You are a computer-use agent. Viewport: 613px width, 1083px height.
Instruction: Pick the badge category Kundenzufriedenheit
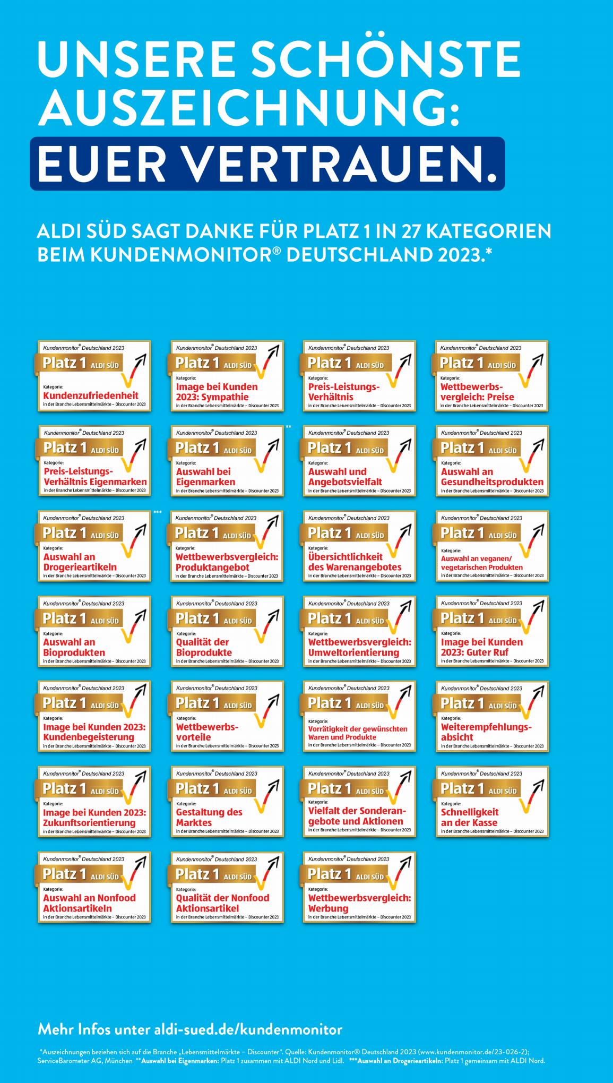click(x=90, y=396)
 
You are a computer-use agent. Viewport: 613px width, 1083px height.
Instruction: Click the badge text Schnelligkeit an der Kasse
click(x=469, y=818)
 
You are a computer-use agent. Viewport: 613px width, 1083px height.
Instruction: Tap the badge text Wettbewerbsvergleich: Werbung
click(x=359, y=903)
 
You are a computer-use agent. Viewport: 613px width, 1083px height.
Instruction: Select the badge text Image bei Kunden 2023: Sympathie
click(x=217, y=392)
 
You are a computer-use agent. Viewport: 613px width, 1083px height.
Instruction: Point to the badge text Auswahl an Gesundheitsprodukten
click(x=491, y=477)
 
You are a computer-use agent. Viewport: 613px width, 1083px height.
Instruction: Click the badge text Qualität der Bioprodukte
click(x=204, y=647)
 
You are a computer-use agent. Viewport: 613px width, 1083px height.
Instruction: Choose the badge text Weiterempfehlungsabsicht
click(x=485, y=732)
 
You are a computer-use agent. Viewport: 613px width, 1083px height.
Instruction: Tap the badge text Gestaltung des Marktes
click(x=209, y=818)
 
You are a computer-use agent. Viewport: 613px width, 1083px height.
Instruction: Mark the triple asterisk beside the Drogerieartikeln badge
click(x=157, y=512)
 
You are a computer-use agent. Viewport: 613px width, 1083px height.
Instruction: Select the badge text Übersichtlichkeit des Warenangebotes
click(x=354, y=562)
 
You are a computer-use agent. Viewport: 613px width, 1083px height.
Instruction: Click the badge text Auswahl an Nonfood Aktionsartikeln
click(x=89, y=903)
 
